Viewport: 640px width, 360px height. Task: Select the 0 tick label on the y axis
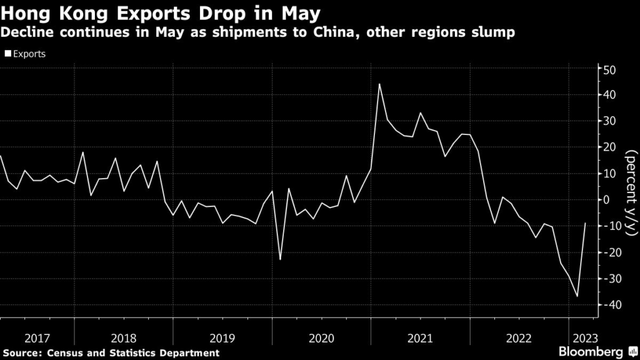tap(606, 199)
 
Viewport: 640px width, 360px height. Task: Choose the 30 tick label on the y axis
tap(609, 121)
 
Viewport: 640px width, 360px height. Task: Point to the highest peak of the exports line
tap(379, 84)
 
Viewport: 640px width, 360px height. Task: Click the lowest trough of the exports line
tap(577, 296)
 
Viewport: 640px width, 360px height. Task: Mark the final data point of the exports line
tap(586, 223)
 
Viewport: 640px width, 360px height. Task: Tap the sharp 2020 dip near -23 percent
tap(280, 259)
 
